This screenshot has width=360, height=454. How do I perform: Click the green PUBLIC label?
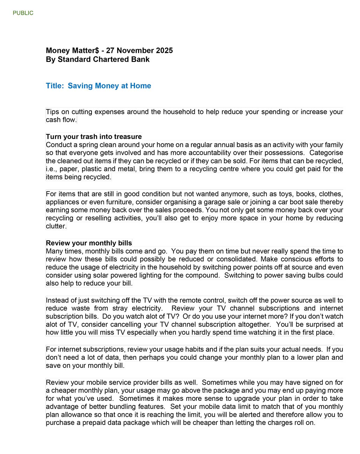click(x=23, y=13)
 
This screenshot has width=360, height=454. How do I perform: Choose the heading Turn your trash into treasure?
click(x=94, y=137)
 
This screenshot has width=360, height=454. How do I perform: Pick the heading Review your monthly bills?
click(x=89, y=243)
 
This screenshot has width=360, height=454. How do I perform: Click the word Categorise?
click(x=326, y=153)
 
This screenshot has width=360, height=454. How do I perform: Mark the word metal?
click(x=126, y=169)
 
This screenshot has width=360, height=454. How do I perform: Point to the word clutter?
click(x=56, y=226)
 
